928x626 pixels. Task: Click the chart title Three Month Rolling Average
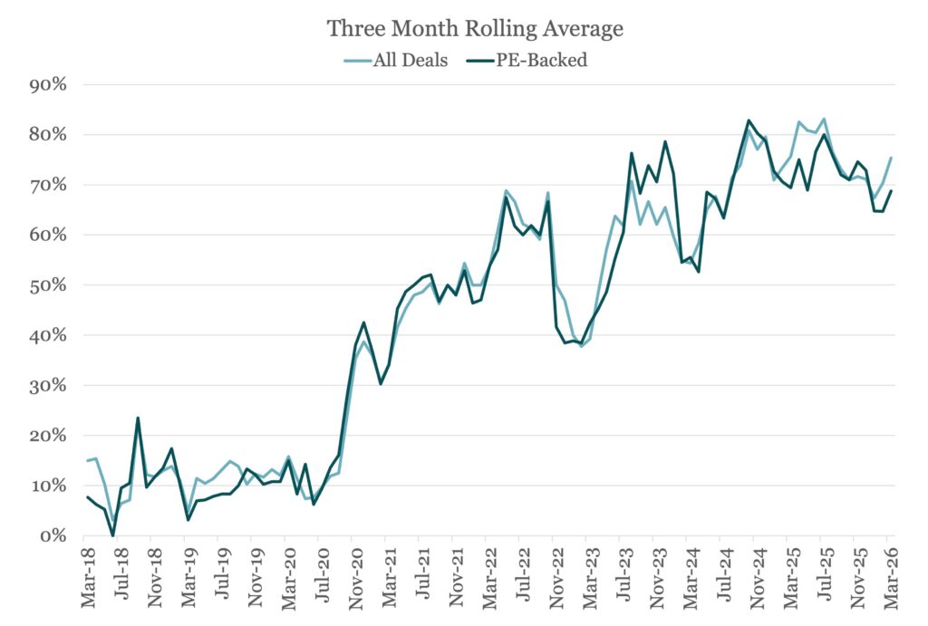coord(475,29)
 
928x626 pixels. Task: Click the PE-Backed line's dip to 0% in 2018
coord(113,535)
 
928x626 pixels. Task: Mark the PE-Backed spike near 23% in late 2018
coord(138,418)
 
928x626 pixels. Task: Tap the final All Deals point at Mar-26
coord(892,158)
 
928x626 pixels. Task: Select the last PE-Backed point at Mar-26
coord(892,190)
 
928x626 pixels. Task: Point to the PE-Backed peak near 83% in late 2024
coord(749,120)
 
